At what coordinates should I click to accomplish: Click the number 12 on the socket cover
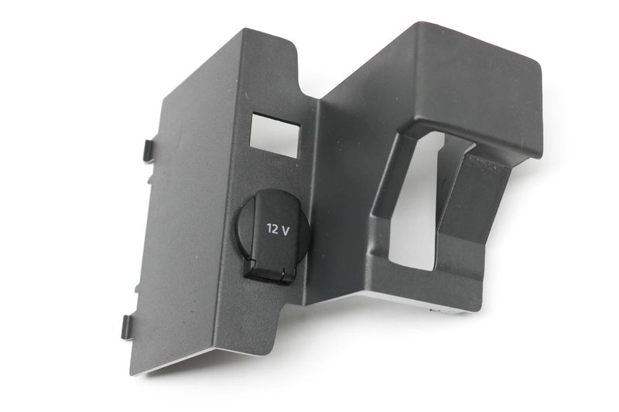pyautogui.click(x=272, y=228)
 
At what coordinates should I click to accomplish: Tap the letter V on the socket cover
pyautogui.click(x=285, y=230)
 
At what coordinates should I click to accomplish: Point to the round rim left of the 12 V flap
pyautogui.click(x=240, y=233)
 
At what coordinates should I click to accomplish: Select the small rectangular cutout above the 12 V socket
pyautogui.click(x=275, y=134)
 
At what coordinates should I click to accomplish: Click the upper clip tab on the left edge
pyautogui.click(x=148, y=151)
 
